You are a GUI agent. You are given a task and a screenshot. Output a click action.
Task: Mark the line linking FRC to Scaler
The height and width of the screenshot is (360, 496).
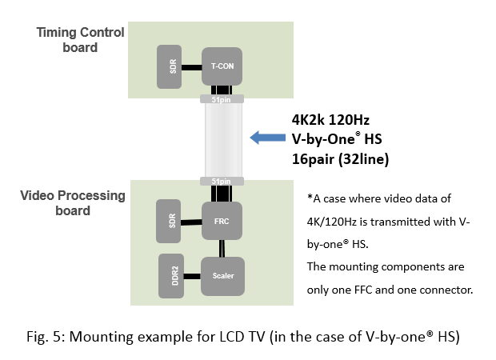pos(221,248)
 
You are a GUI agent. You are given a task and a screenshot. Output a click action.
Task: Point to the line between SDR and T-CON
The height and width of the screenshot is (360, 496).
pos(192,68)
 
